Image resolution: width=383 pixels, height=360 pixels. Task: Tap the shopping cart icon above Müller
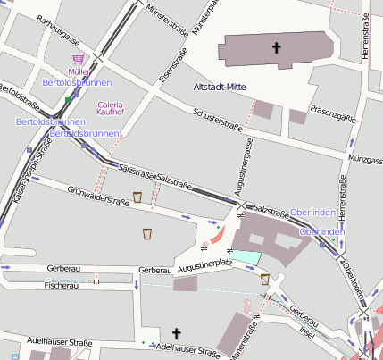click(77, 59)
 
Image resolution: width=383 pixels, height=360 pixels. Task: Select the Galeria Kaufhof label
click(111, 108)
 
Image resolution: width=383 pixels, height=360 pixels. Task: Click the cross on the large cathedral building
click(278, 48)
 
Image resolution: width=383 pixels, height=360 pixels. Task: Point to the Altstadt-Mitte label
click(221, 87)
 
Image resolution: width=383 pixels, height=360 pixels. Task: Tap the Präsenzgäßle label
click(333, 114)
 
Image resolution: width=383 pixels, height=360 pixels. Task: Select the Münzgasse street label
click(365, 159)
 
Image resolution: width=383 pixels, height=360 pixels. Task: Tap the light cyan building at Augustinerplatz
click(249, 257)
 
